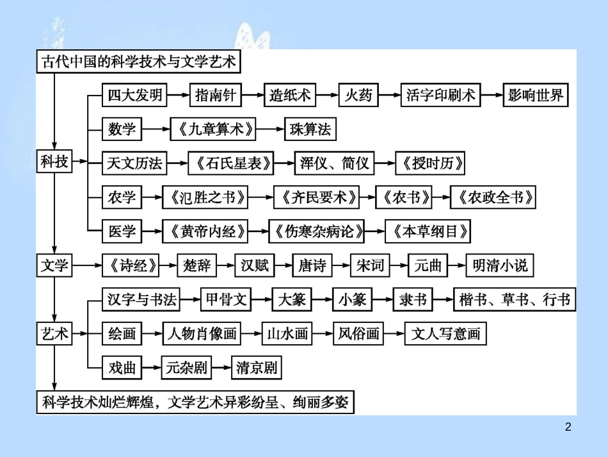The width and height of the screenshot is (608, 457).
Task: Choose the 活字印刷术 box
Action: coord(441,96)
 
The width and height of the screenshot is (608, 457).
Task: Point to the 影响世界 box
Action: coord(535,96)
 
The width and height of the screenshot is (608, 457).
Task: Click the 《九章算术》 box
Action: coord(213,129)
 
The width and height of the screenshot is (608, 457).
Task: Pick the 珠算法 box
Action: coord(310,129)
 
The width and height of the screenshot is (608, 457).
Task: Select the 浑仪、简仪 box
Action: coord(334,163)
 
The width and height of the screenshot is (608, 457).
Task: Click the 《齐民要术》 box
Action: coord(316,197)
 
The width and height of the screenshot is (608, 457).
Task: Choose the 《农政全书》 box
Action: coord(492,197)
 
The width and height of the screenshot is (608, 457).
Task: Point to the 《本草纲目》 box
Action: coord(428,231)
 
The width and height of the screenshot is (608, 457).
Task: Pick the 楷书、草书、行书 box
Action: coord(514,299)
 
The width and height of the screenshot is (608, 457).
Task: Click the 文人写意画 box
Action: coord(445,334)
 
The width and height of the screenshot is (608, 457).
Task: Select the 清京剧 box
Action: coord(256,368)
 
